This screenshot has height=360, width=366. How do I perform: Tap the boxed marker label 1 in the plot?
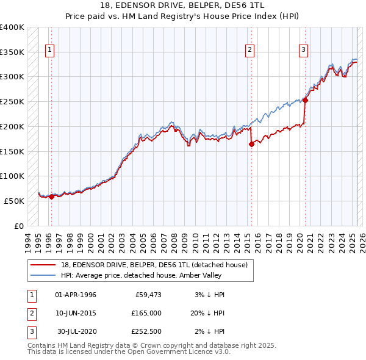tap(49, 51)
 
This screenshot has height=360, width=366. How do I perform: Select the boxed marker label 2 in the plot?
tap(250, 51)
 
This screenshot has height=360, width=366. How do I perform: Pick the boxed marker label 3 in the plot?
tap(303, 51)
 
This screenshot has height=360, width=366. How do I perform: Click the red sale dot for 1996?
tap(51, 196)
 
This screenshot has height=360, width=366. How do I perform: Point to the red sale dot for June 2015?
tap(251, 144)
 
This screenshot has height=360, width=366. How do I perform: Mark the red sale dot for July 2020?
tap(305, 101)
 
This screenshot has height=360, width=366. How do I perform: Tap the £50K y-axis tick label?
tap(15, 201)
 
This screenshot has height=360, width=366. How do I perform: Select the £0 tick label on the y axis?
tap(20, 226)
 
